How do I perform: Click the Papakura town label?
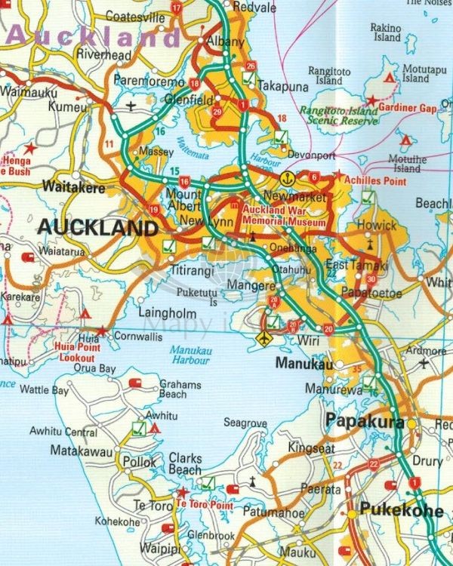(365, 422)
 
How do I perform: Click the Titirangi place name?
(194, 268)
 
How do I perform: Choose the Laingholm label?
(168, 312)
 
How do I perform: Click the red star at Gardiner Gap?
(371, 100)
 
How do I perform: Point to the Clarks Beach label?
(185, 463)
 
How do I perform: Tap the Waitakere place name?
(74, 186)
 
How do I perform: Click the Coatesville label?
(135, 16)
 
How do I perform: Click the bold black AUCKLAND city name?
(98, 227)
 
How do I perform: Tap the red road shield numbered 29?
(217, 112)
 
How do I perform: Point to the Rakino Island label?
(385, 32)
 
